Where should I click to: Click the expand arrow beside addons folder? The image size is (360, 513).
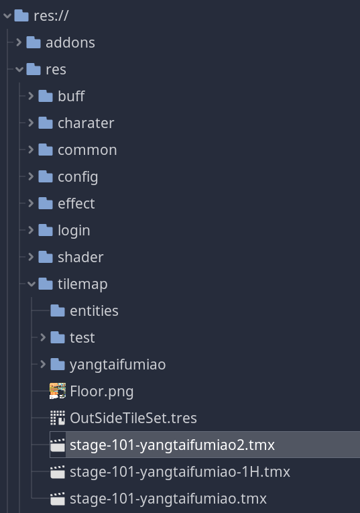[19, 42]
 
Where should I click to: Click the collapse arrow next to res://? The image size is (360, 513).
[7, 15]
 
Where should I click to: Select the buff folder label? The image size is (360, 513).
[71, 96]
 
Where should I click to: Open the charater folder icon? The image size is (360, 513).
[46, 123]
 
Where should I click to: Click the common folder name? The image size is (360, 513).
[87, 150]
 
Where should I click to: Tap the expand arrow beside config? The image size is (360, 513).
[31, 176]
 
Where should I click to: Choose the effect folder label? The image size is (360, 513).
[76, 203]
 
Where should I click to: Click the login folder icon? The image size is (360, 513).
[46, 230]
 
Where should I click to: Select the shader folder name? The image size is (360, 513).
[80, 257]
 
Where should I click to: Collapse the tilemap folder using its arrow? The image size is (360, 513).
[32, 284]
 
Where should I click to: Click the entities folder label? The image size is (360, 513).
[94, 310]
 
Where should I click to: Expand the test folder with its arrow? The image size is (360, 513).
[43, 337]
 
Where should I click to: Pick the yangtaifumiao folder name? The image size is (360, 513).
[118, 365]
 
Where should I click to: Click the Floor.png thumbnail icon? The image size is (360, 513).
[58, 391]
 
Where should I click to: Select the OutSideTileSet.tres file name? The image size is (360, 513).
[133, 418]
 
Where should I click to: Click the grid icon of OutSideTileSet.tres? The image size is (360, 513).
[58, 418]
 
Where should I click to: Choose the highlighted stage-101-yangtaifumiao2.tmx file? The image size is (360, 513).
[172, 445]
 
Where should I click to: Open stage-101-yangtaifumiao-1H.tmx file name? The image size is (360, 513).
[180, 472]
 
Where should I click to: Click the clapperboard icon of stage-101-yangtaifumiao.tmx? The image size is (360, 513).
[58, 499]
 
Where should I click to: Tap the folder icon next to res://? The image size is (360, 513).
[21, 15]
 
